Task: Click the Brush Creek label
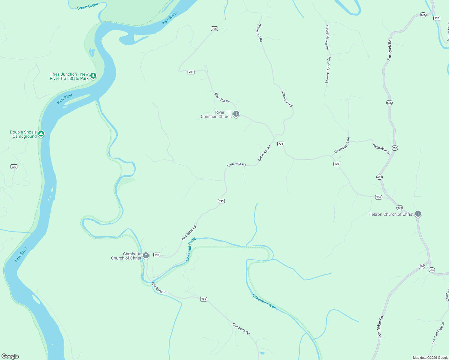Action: [x=88, y=6]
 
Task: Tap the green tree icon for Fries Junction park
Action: [x=93, y=76]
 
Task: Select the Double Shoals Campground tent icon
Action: [x=41, y=134]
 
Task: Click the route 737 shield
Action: [x=14, y=166]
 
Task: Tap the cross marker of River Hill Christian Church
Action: [x=236, y=114]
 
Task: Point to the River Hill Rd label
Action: [x=222, y=98]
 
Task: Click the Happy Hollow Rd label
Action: [x=327, y=37]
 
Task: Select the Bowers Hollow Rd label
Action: [x=328, y=70]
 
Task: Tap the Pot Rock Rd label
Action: [x=390, y=50]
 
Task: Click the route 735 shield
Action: [x=437, y=18]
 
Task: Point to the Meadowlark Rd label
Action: [x=342, y=145]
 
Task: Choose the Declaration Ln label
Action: [x=381, y=149]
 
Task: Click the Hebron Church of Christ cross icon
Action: [x=418, y=214]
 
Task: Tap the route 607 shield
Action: [x=422, y=266]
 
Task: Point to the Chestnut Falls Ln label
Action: [x=438, y=333]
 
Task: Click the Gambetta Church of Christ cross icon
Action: [x=146, y=256]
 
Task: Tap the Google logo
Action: [x=10, y=356]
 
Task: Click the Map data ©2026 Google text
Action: [x=430, y=358]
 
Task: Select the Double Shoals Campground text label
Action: [x=23, y=134]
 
